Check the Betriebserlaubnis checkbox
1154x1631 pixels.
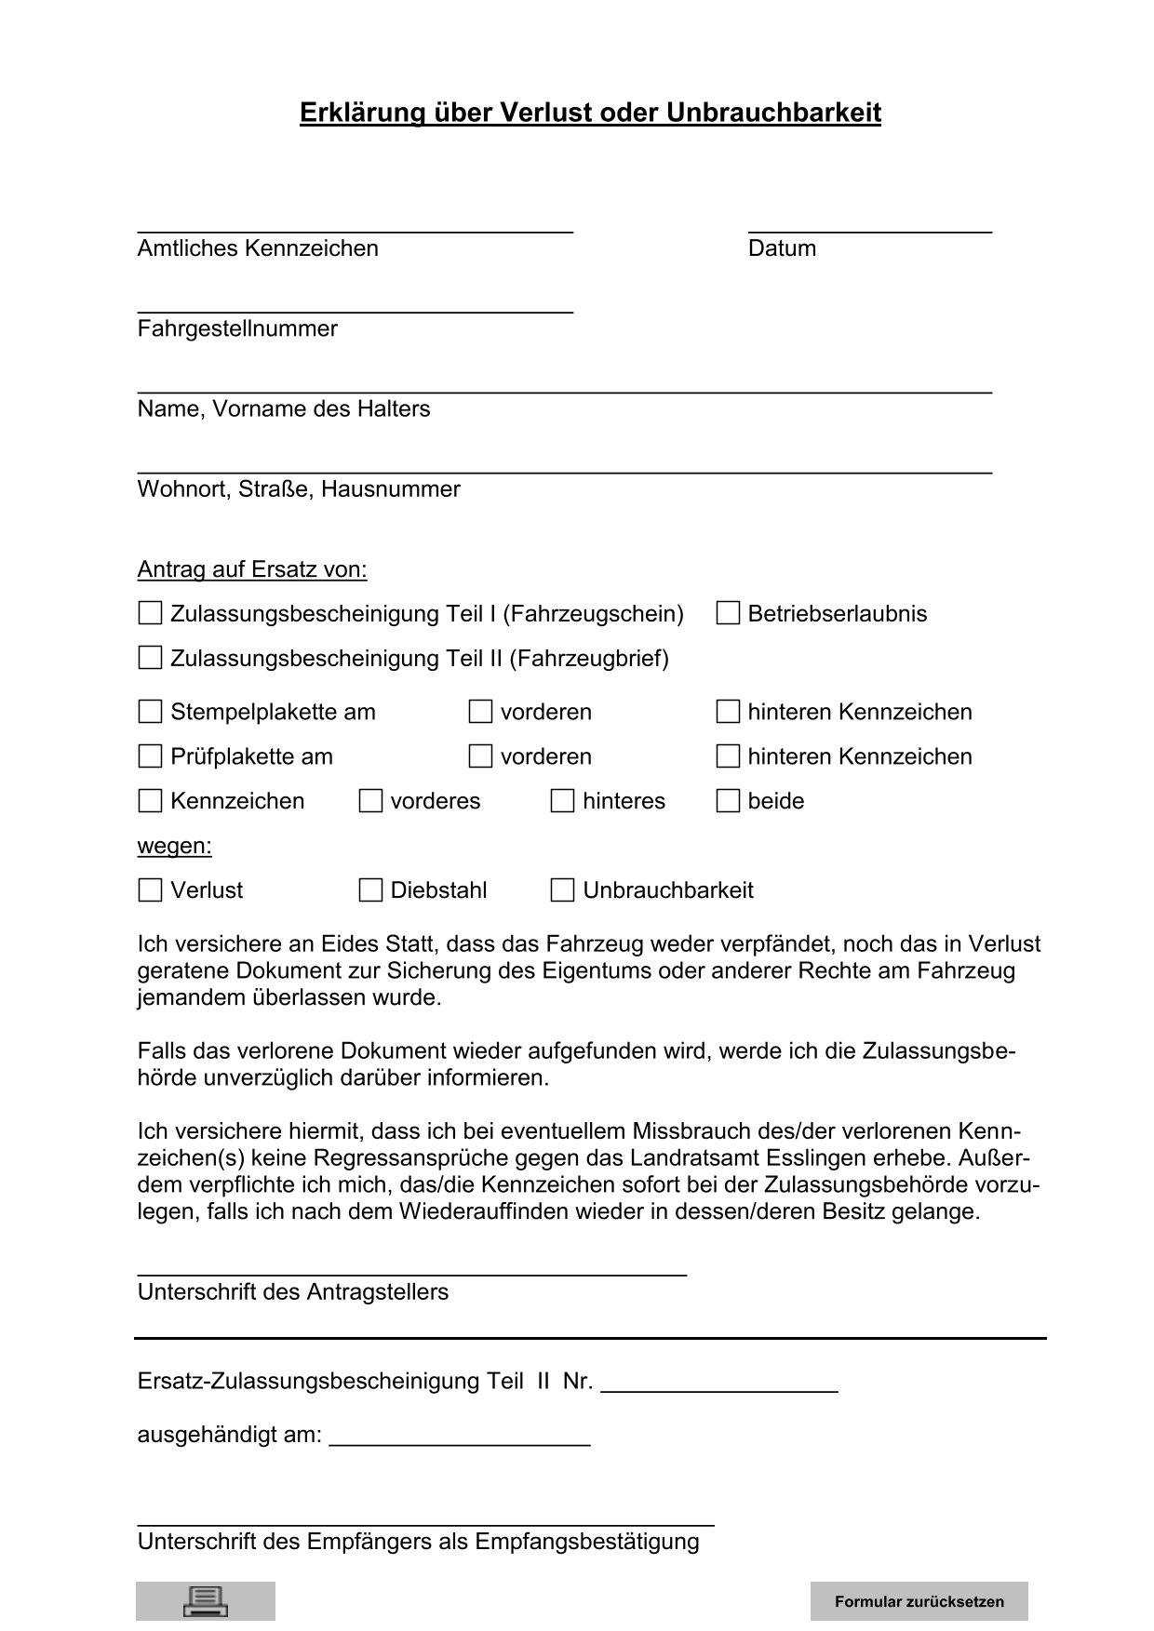(728, 613)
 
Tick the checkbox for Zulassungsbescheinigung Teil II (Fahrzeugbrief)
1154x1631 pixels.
(150, 658)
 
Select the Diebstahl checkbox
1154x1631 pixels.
(370, 890)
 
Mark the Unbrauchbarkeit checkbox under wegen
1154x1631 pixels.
(562, 890)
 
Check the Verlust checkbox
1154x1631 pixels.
(150, 890)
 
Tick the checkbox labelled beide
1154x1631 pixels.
(728, 801)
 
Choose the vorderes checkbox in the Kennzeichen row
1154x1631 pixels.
(370, 801)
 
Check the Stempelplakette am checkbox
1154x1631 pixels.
(150, 712)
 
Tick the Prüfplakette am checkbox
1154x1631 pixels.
(150, 756)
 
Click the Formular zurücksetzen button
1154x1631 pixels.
(919, 1601)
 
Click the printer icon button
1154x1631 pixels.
(206, 1600)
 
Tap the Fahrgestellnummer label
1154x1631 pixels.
(237, 328)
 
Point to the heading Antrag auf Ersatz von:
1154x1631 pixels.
(252, 569)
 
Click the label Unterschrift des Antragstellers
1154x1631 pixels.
(293, 1292)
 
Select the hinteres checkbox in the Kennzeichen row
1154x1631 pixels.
(562, 801)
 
